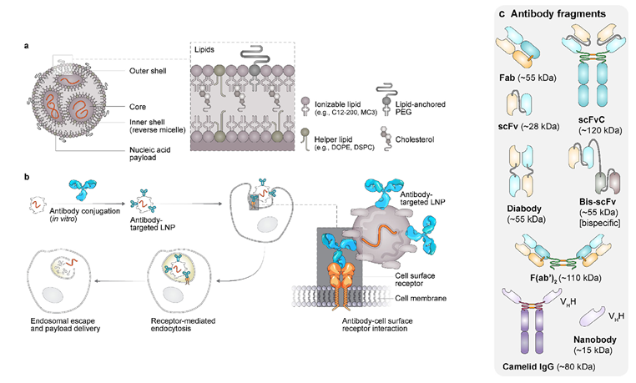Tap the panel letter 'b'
(x=28, y=177)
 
